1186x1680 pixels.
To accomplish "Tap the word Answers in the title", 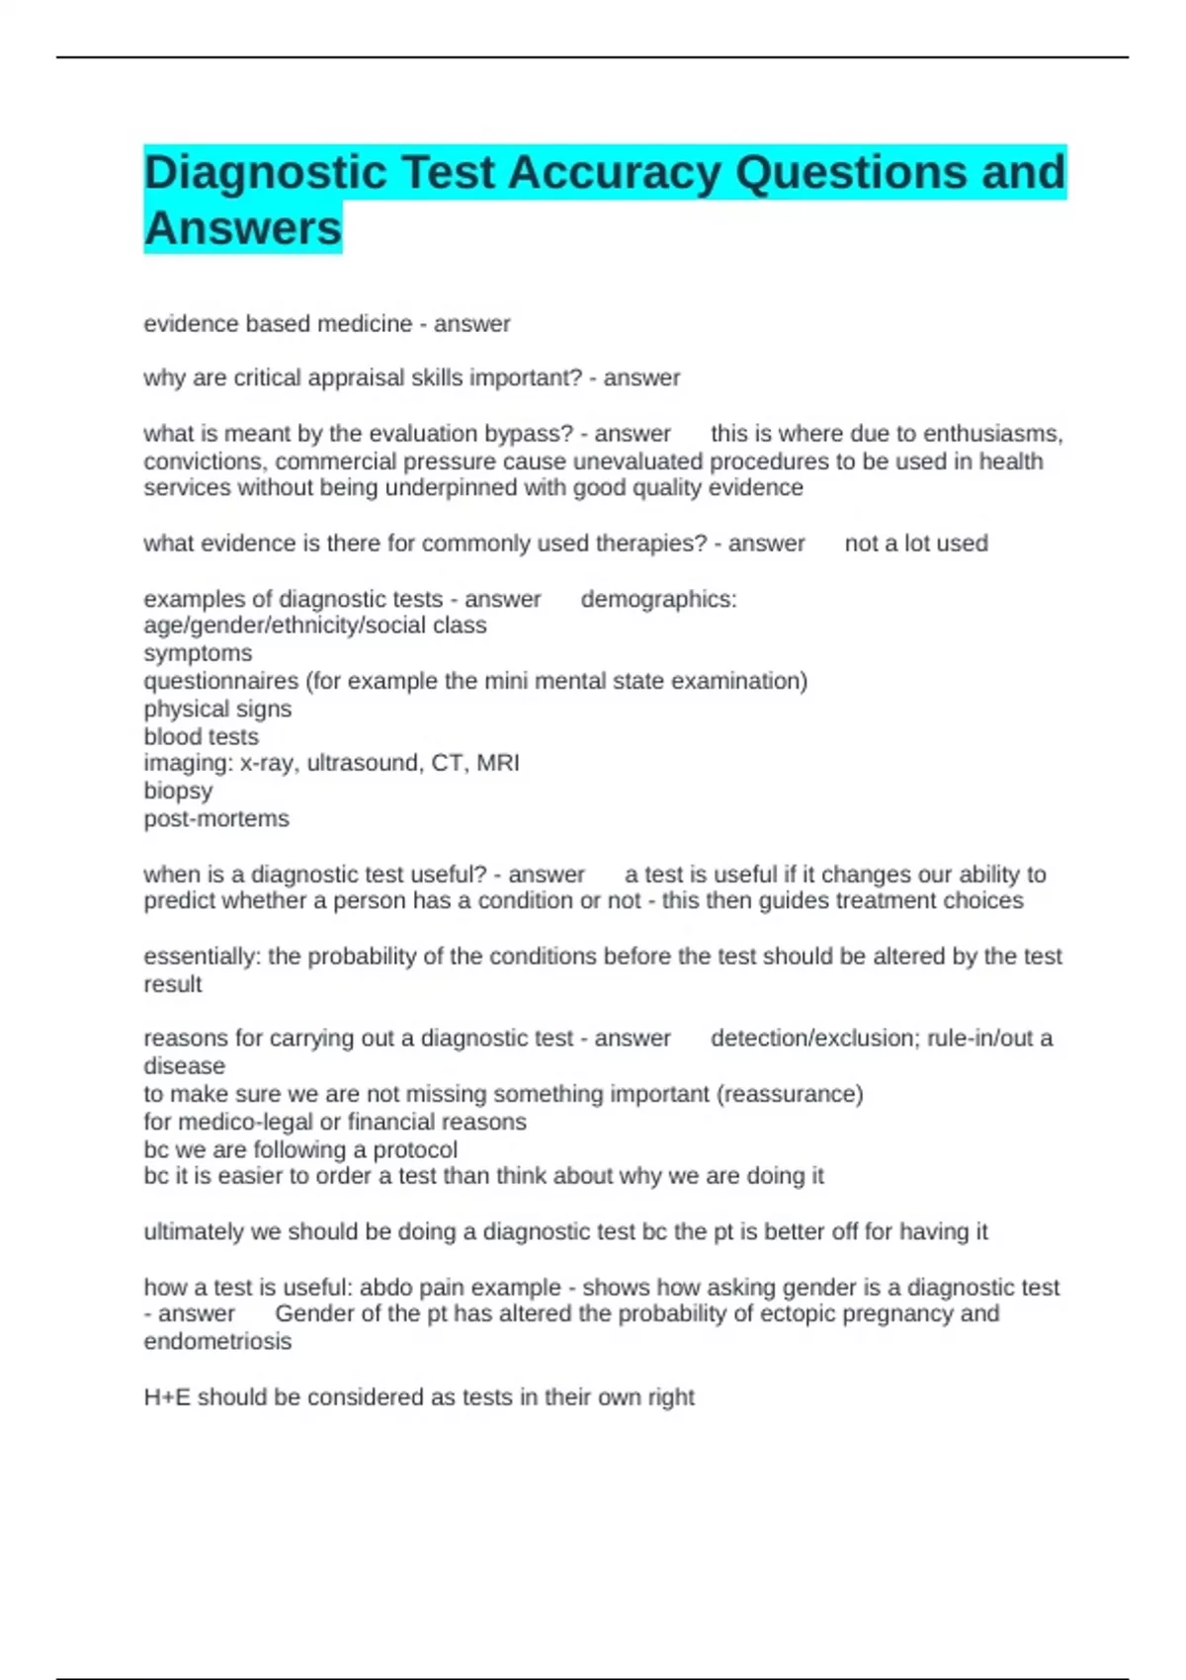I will pos(243,228).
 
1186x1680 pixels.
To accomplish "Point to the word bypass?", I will pos(529,434).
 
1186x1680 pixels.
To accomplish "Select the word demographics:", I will pos(658,600).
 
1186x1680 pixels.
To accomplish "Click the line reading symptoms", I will pos(198,654).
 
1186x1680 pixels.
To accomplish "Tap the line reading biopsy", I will pos(178,792).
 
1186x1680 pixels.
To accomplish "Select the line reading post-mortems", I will pos(216,819).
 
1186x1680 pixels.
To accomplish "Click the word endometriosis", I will pos(217,1342).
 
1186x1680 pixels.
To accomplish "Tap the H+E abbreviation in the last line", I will pos(167,1397).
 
